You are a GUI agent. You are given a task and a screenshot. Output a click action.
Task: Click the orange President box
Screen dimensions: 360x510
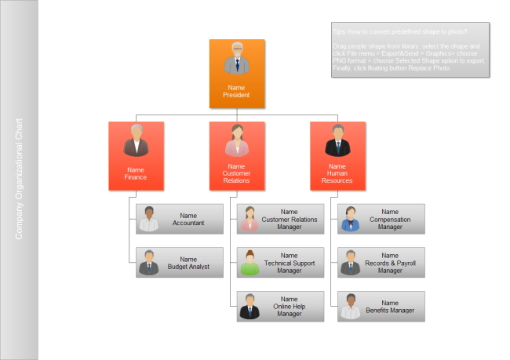pyautogui.click(x=236, y=74)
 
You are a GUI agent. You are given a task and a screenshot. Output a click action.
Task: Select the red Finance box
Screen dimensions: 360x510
pyautogui.click(x=136, y=156)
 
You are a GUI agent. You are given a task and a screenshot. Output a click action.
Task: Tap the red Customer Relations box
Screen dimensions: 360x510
pyautogui.click(x=236, y=156)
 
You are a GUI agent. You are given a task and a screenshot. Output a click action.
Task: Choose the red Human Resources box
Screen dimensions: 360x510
pyautogui.click(x=337, y=156)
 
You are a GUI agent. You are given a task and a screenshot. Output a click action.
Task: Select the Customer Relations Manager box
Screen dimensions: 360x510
pyautogui.click(x=280, y=219)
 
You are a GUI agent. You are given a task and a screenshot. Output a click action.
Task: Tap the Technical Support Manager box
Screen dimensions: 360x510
pyautogui.click(x=280, y=263)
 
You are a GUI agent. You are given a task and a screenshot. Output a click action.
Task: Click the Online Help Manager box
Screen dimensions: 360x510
pyautogui.click(x=280, y=307)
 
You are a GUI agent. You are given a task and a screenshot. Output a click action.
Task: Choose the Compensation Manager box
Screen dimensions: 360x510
pyautogui.click(x=381, y=219)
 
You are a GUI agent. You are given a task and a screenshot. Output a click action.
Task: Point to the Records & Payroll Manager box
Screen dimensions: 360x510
pyautogui.click(x=381, y=263)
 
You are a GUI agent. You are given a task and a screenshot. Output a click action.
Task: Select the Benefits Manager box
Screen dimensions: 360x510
pyautogui.click(x=381, y=307)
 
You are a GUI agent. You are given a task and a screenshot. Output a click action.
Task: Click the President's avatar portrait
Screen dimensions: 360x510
pyautogui.click(x=236, y=60)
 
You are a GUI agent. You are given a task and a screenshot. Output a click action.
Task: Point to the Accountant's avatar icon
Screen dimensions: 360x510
pyautogui.click(x=149, y=220)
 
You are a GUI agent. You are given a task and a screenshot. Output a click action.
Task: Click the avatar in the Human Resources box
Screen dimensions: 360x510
pyautogui.click(x=337, y=141)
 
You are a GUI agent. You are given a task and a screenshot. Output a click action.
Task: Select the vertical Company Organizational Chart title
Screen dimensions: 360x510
pyautogui.click(x=20, y=179)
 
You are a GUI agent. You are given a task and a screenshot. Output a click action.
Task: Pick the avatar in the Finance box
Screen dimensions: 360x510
pyautogui.click(x=136, y=141)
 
